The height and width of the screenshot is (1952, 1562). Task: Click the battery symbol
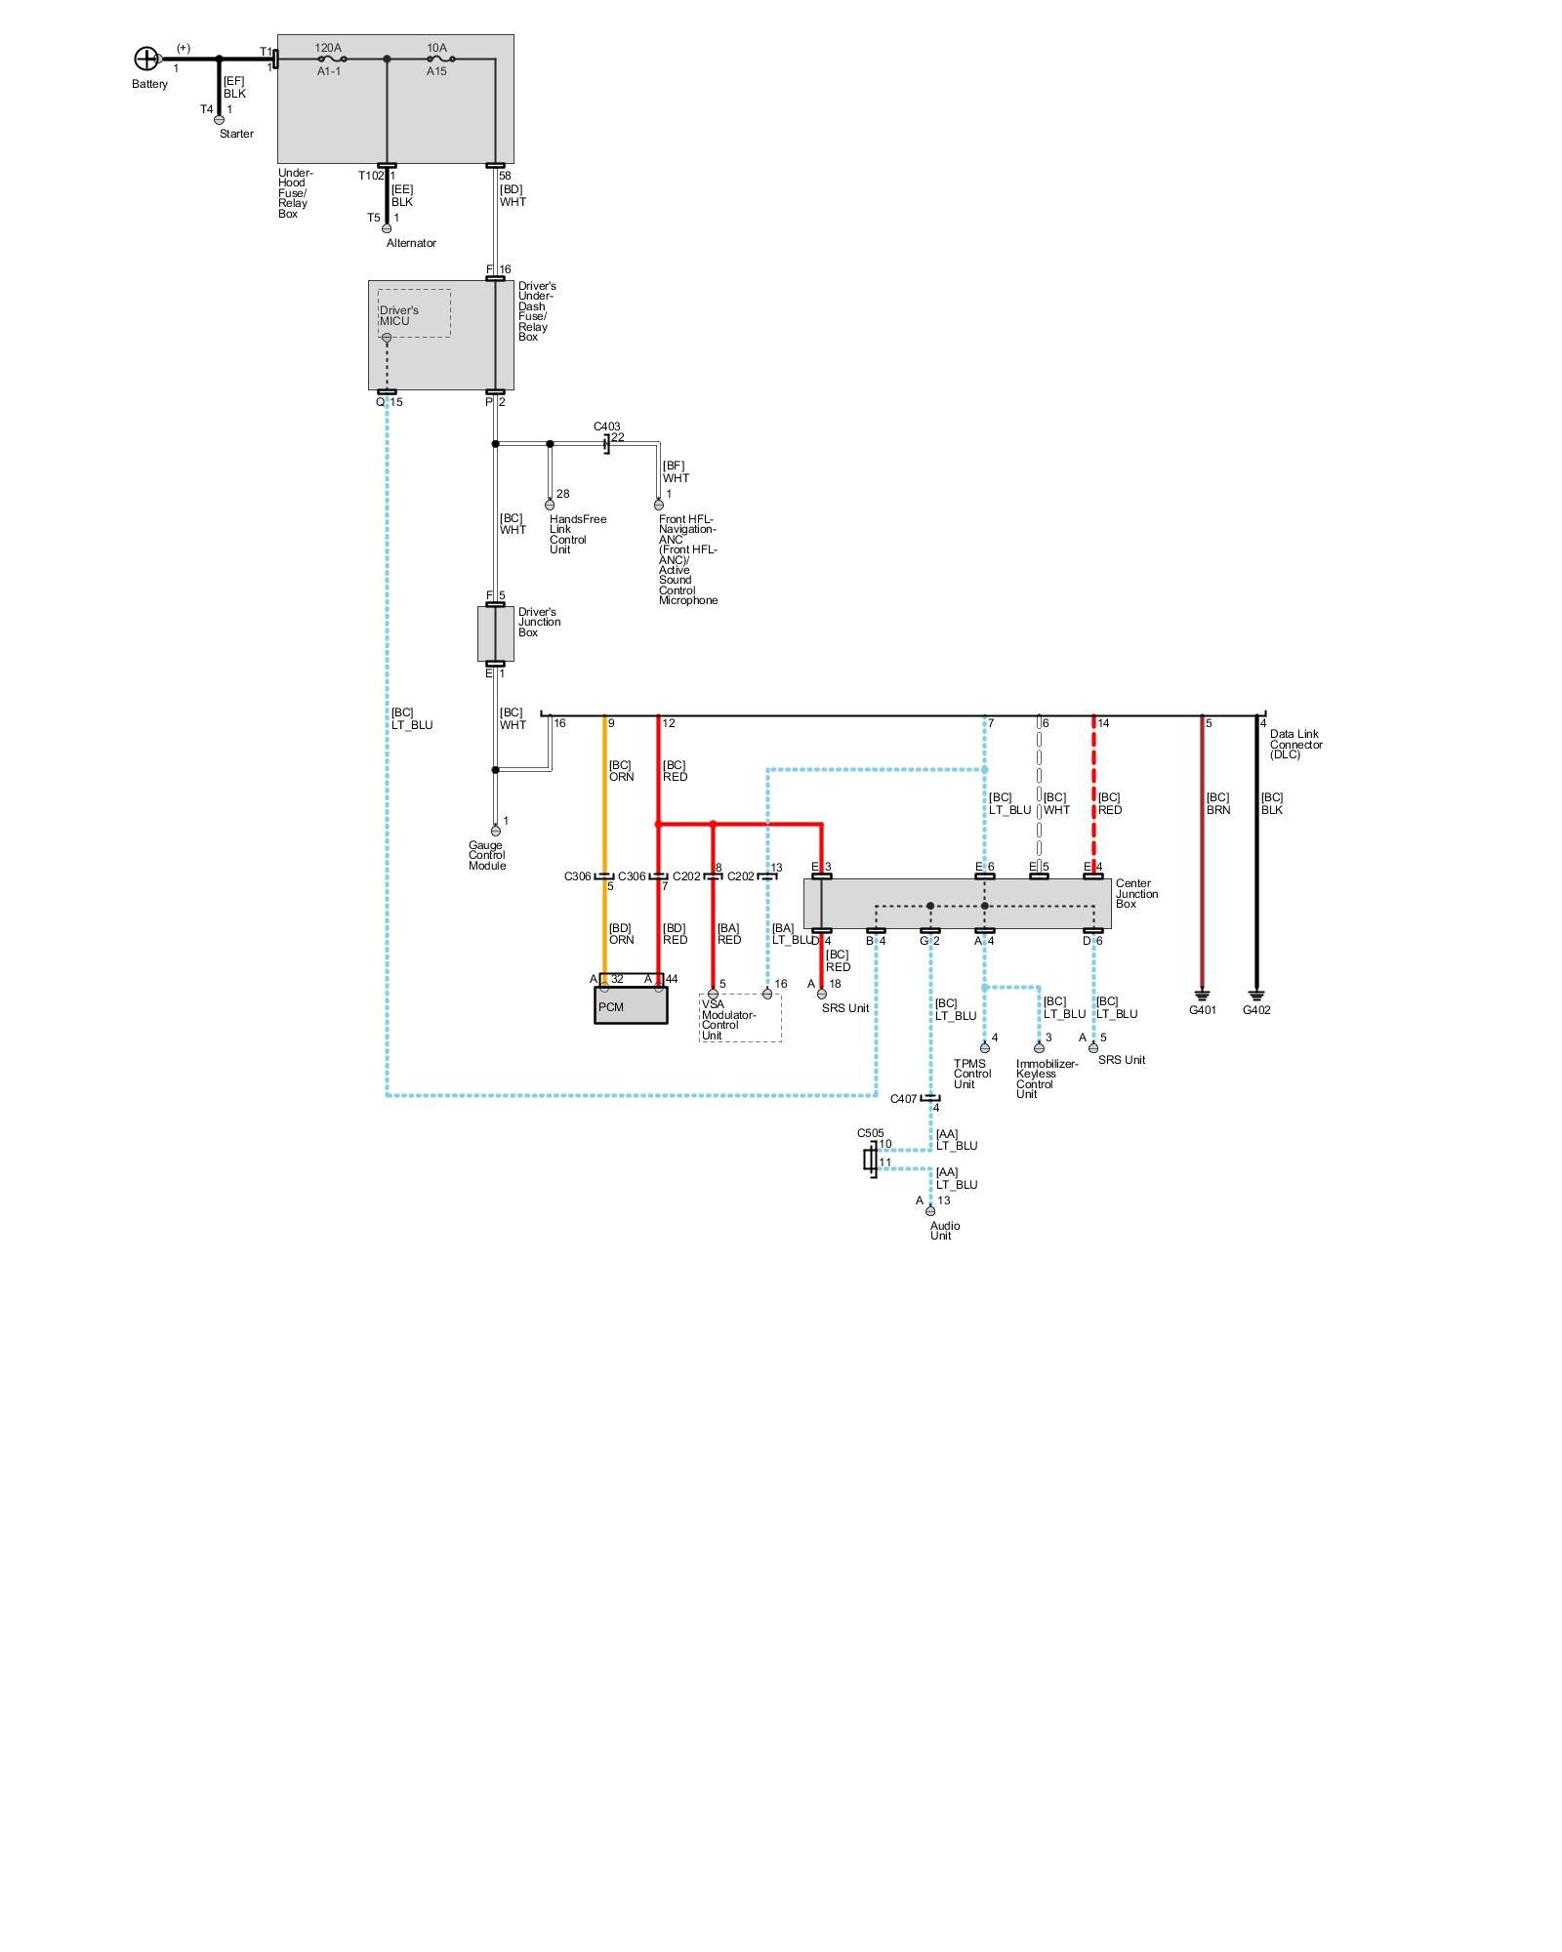click(145, 60)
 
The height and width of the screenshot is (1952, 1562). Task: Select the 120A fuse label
click(328, 48)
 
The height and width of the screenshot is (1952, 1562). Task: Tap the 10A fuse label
click(436, 48)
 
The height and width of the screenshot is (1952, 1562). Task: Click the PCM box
click(631, 1005)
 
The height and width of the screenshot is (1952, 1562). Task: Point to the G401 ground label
click(1202, 1010)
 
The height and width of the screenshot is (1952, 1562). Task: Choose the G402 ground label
click(1256, 1010)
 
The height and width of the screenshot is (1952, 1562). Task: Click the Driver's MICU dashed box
click(414, 313)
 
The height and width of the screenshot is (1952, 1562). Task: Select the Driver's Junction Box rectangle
click(495, 633)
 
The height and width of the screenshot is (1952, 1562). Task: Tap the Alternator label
click(411, 243)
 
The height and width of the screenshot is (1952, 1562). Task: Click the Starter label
click(236, 134)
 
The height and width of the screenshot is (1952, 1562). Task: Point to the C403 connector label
click(606, 427)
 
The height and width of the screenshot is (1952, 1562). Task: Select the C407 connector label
click(903, 1099)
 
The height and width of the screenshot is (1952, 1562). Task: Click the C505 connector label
click(870, 1133)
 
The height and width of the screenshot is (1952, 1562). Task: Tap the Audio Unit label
click(944, 1231)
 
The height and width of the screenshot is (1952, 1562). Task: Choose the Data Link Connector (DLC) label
click(1295, 745)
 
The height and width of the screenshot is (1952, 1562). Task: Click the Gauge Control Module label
click(487, 855)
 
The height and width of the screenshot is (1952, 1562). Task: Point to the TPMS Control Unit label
click(971, 1074)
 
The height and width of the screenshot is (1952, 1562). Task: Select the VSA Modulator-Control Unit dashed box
click(740, 1018)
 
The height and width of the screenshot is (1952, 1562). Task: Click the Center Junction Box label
click(1136, 894)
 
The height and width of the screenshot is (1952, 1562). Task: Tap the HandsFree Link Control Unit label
click(577, 534)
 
